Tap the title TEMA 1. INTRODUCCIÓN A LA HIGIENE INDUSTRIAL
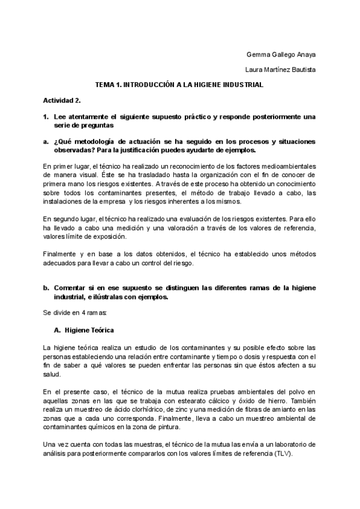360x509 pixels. pos(179,85)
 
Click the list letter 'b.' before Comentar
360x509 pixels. pos(46,288)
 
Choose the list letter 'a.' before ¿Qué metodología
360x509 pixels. pos(46,142)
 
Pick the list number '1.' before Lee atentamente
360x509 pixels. pos(46,116)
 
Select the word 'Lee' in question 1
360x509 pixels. pos(59,116)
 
